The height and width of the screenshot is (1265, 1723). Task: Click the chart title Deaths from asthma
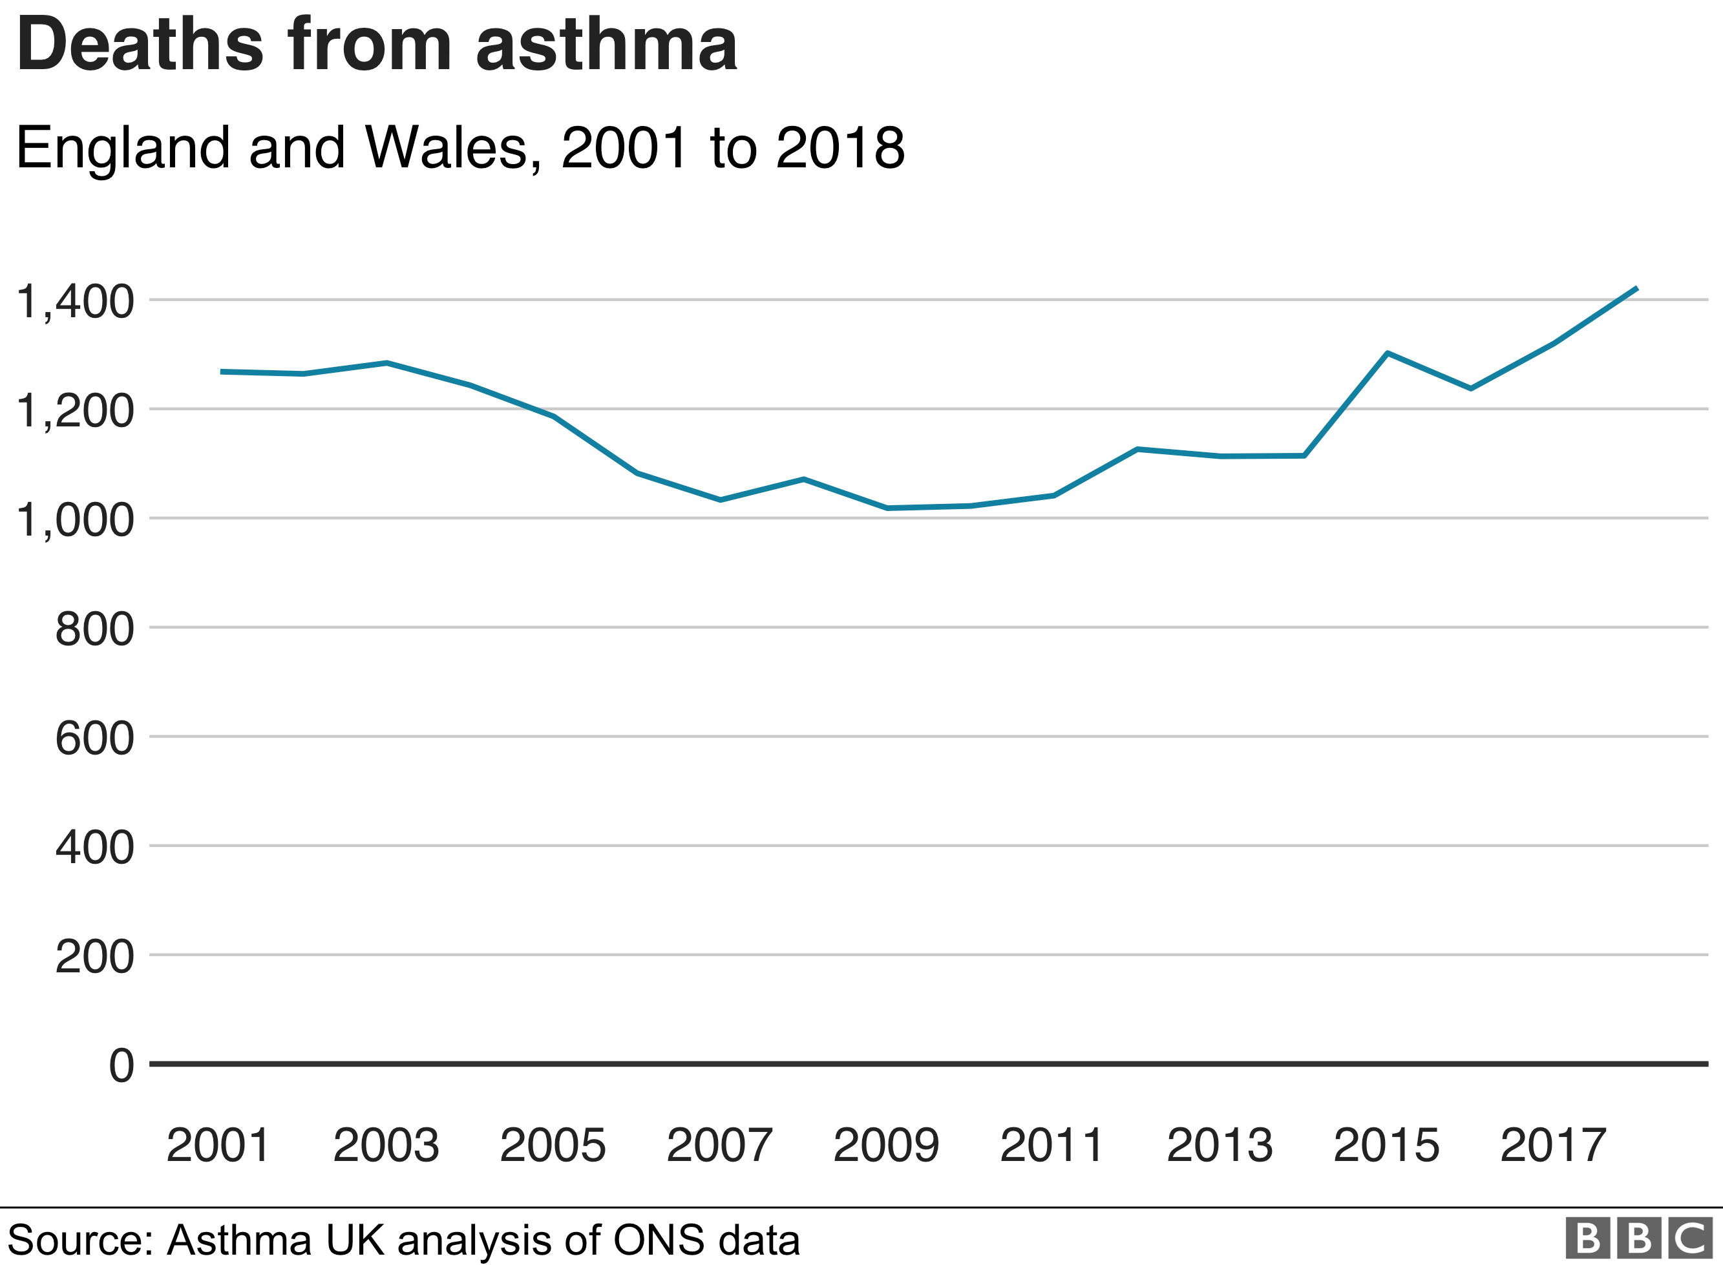(377, 46)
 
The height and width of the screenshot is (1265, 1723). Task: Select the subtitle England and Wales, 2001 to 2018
(460, 147)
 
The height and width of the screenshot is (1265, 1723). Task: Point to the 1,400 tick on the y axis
(75, 301)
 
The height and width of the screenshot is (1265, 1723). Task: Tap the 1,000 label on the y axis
(75, 520)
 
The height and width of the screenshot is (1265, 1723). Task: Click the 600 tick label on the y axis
(94, 738)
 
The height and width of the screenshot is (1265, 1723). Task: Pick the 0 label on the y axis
(121, 1065)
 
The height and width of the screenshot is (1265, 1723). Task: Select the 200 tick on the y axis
(94, 956)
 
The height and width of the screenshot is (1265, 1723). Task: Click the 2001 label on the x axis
(219, 1145)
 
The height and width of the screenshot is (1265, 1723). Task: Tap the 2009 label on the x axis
(886, 1145)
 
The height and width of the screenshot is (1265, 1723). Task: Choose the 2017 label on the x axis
(1553, 1145)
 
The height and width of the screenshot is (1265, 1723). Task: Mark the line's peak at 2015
(1388, 353)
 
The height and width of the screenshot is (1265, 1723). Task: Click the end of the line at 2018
(1636, 288)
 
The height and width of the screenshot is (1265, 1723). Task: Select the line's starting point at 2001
(221, 372)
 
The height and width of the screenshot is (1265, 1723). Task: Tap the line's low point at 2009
(887, 508)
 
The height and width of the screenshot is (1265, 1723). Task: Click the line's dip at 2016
(1470, 389)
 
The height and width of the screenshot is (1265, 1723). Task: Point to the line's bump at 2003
(386, 363)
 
